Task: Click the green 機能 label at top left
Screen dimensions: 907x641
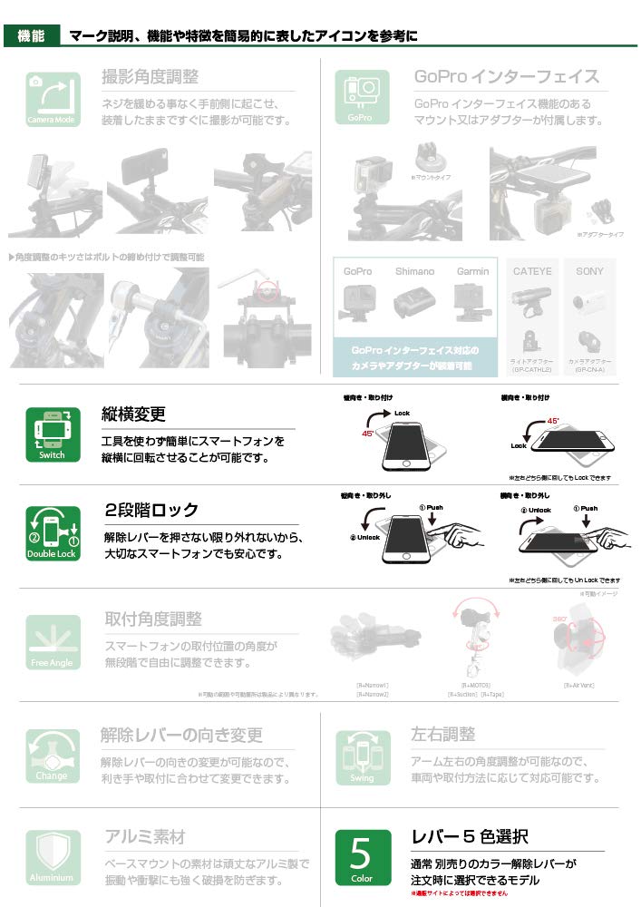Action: click(32, 36)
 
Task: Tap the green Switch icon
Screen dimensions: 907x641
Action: click(52, 434)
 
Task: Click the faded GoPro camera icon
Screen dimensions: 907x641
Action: click(361, 98)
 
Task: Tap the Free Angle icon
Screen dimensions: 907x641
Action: click(52, 642)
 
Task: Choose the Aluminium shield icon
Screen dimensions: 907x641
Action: click(52, 858)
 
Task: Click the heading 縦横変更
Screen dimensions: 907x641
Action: click(133, 414)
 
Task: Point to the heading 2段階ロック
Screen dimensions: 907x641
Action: click(151, 510)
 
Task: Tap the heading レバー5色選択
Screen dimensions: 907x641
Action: click(470, 836)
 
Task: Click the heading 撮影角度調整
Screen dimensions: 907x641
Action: click(151, 77)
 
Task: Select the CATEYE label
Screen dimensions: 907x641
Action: click(532, 271)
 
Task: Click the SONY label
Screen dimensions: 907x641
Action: click(589, 271)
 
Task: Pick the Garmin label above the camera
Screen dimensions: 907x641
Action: click(472, 271)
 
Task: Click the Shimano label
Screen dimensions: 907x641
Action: click(414, 271)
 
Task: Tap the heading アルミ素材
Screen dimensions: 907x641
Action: click(144, 836)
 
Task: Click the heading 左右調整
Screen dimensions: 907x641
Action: click(442, 734)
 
